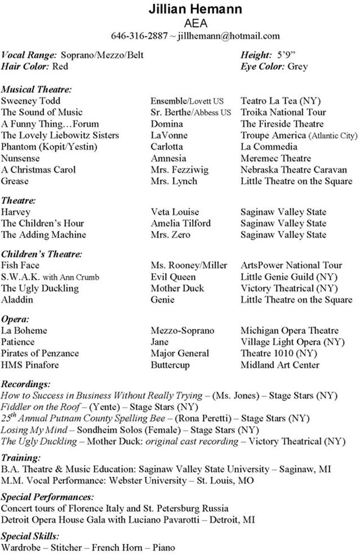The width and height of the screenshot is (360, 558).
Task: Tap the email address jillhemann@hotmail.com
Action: pyautogui.click(x=229, y=36)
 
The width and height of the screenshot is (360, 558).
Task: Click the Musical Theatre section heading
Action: pyautogui.click(x=37, y=89)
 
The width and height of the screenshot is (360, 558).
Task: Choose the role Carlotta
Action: pyautogui.click(x=167, y=147)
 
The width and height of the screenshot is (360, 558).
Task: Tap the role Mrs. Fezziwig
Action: pyautogui.click(x=176, y=169)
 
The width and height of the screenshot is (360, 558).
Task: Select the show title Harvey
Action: pyautogui.click(x=16, y=212)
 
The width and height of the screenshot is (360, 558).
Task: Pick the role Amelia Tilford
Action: pyautogui.click(x=180, y=223)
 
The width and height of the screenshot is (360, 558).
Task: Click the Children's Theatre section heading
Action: pyautogui.click(x=42, y=254)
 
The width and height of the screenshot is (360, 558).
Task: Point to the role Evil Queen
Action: pyautogui.click(x=173, y=276)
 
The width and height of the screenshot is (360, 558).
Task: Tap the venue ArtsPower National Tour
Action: pyautogui.click(x=291, y=265)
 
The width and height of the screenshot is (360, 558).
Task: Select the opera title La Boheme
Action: pyautogui.click(x=24, y=331)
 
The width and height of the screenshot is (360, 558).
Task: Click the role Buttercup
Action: pyautogui.click(x=171, y=365)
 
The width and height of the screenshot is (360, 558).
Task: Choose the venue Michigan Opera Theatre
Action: pyautogui.click(x=290, y=331)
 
